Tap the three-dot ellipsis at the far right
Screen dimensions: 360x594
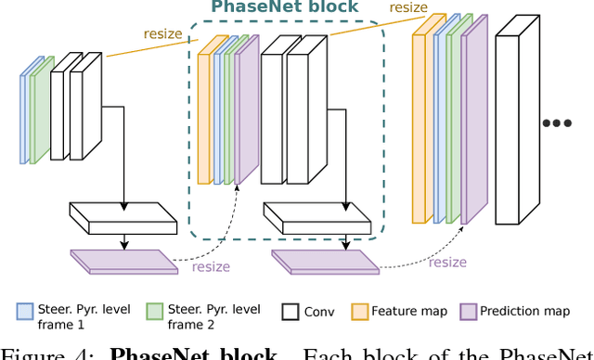point(556,122)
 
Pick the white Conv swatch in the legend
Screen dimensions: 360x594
point(289,312)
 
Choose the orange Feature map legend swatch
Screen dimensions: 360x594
point(359,312)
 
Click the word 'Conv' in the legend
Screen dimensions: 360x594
point(318,312)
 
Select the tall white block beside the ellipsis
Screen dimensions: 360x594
point(518,125)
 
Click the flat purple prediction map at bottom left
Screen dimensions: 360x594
point(123,260)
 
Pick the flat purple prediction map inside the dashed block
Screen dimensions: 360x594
point(325,260)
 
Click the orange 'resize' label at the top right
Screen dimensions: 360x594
point(409,7)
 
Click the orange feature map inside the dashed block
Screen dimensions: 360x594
point(207,111)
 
